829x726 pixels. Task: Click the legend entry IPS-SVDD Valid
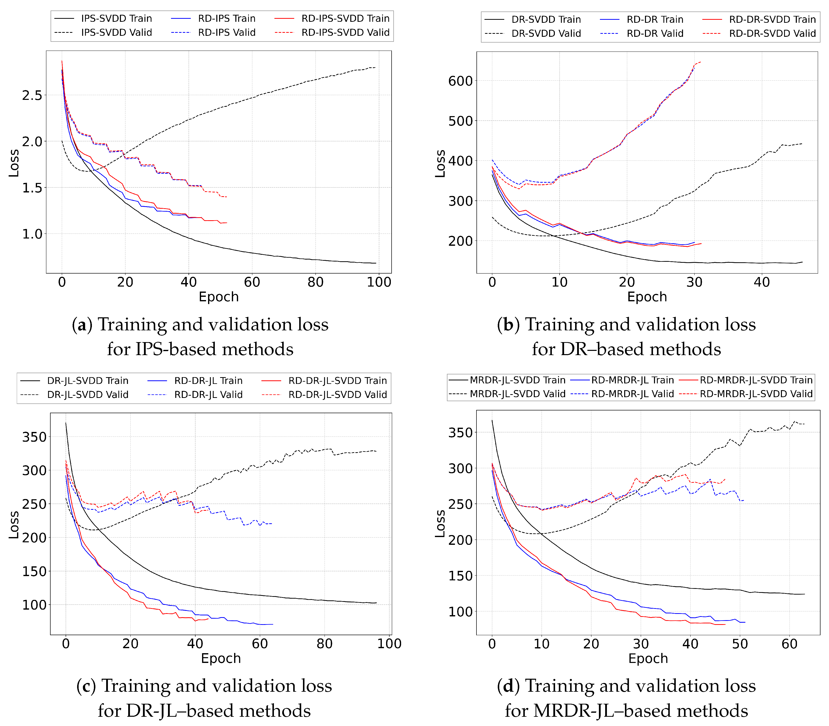[116, 33]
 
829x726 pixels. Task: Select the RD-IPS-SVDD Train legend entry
[345, 19]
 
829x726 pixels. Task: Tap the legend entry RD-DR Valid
[655, 33]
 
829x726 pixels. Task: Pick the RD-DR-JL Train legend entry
[208, 381]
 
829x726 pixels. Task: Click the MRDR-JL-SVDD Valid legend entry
[517, 394]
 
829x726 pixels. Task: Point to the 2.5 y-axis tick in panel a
[32, 96]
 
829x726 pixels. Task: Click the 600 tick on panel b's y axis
[460, 81]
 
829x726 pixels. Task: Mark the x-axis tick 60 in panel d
[789, 644]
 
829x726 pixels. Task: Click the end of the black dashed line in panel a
[375, 68]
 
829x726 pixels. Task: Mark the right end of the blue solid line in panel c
[273, 624]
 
